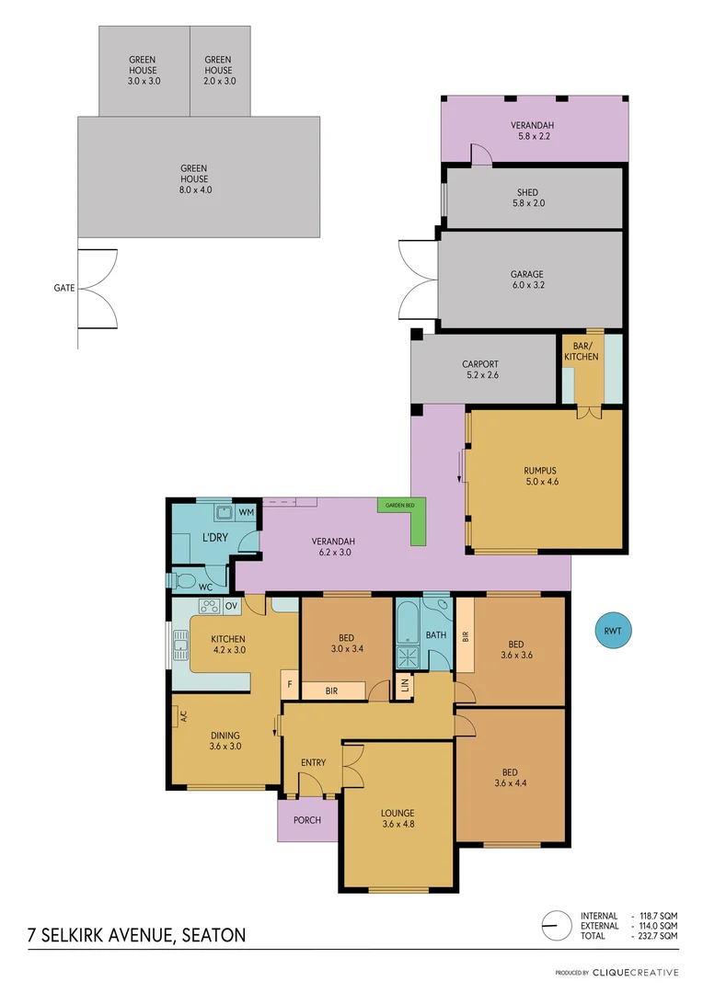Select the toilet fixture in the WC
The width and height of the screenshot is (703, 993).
tap(183, 580)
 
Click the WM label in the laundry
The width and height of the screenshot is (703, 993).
tap(246, 511)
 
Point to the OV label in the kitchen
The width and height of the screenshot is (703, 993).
tap(231, 606)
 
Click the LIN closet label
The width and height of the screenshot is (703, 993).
tap(403, 685)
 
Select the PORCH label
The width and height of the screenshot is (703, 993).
tap(307, 820)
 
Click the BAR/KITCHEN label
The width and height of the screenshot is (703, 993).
tap(581, 350)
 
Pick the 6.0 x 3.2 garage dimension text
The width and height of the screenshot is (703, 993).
tap(527, 286)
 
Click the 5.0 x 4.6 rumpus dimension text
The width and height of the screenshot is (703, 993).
tap(540, 482)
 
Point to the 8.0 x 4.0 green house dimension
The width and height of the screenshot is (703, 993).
tap(193, 190)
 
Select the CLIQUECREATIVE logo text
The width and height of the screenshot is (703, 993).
tap(636, 972)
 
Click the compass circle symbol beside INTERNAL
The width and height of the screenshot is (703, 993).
tap(554, 924)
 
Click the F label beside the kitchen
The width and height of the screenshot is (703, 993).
tap(289, 685)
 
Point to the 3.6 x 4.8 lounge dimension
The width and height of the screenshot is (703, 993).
tap(398, 825)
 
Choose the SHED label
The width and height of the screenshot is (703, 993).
tap(527, 192)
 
